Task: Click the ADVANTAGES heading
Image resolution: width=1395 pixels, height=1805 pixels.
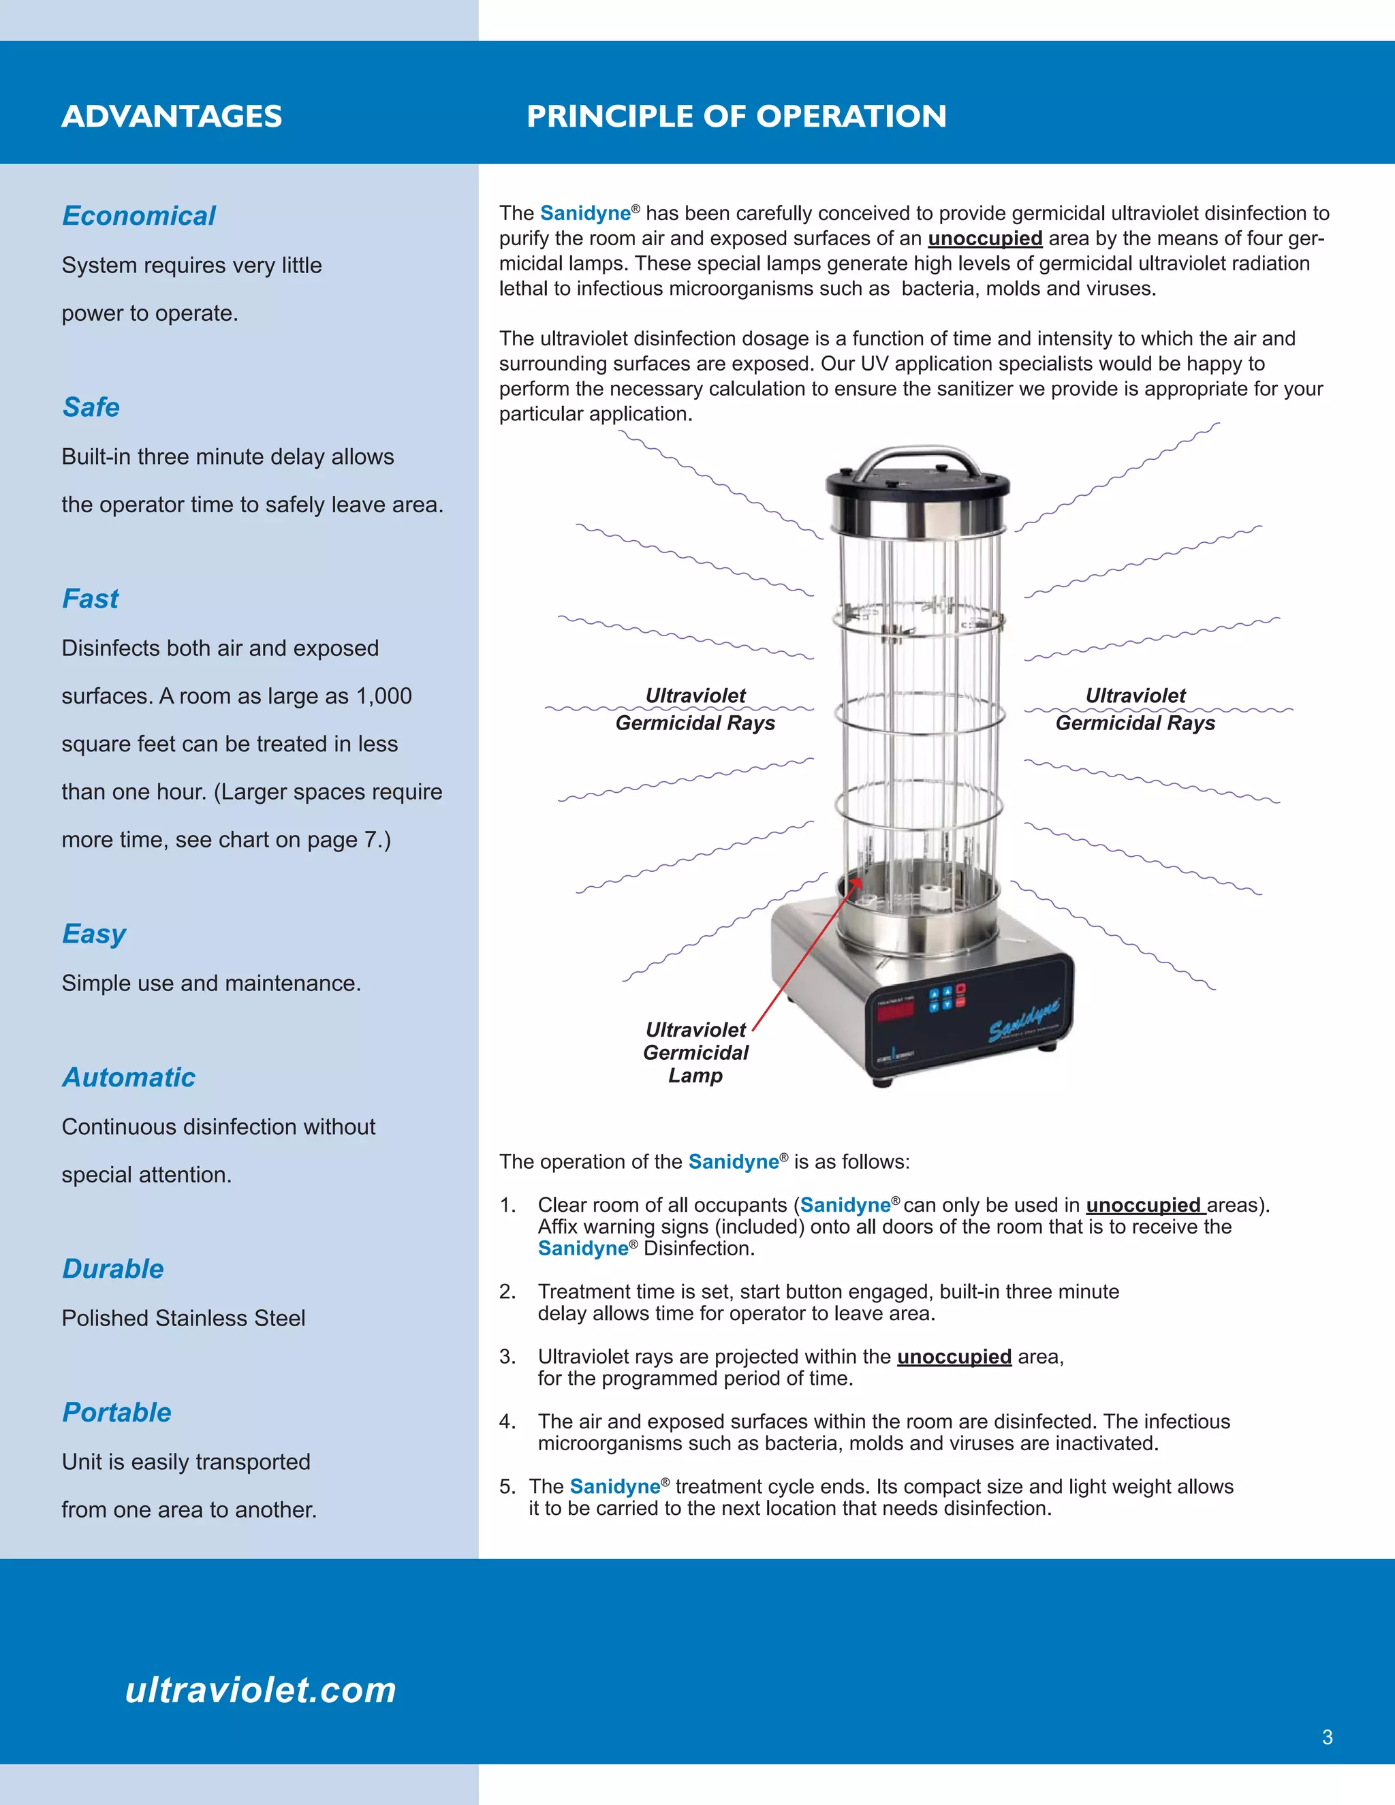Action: [172, 116]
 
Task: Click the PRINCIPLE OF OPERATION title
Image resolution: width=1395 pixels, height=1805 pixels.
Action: [736, 116]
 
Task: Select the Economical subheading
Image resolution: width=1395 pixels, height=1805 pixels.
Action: [139, 216]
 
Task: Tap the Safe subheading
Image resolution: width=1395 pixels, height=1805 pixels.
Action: [91, 407]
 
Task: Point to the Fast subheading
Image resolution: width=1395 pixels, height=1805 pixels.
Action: [90, 598]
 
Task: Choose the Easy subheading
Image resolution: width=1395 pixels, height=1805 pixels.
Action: [93, 934]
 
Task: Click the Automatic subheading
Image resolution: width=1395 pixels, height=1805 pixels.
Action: [129, 1078]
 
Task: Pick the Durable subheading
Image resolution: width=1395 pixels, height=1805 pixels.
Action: [113, 1269]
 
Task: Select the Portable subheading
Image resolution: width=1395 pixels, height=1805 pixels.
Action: [116, 1413]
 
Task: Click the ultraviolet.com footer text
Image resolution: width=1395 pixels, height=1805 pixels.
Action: [261, 1689]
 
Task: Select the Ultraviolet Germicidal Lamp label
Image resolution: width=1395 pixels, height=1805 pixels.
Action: [696, 1052]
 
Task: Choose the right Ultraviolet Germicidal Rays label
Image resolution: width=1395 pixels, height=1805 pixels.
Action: [1135, 709]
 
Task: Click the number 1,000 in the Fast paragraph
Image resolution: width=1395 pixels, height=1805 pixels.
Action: [383, 696]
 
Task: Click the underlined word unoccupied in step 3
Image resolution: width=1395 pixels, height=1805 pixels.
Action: [954, 1356]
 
